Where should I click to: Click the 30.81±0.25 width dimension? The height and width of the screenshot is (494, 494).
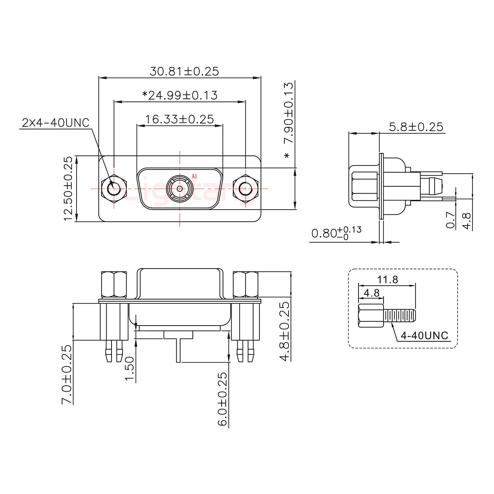coord(184,71)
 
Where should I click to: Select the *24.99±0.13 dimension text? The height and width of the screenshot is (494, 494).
coord(180,95)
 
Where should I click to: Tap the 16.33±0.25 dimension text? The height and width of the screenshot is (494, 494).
coord(179,119)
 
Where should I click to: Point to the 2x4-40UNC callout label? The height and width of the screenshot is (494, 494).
coord(55,122)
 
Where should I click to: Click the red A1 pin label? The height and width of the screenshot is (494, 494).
coord(195,176)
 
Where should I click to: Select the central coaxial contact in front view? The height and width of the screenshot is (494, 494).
coord(179,188)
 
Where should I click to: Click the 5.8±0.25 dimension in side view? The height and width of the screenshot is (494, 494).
coord(416,127)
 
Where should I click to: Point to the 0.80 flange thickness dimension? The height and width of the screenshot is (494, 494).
coord(336,233)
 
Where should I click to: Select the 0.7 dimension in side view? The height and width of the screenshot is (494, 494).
coord(451,220)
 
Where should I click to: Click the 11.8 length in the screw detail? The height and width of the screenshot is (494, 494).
coord(388,280)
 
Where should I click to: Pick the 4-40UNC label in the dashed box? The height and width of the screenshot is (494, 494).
coord(424,335)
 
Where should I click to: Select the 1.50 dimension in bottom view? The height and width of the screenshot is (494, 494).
coord(129,368)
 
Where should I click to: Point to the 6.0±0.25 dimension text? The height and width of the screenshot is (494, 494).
coord(222,399)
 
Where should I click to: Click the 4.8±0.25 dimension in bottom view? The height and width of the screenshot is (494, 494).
coord(285,331)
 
